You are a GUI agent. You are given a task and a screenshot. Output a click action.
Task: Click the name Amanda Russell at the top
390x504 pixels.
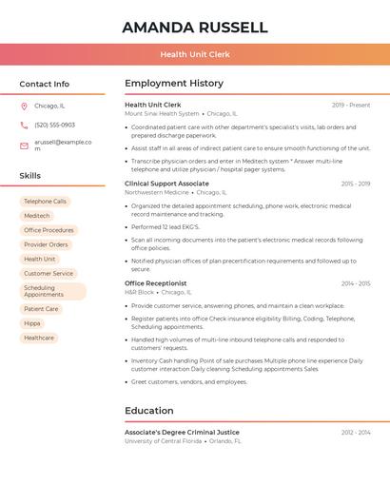pyautogui.click(x=195, y=28)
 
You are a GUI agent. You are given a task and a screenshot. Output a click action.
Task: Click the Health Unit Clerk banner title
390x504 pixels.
pyautogui.click(x=195, y=54)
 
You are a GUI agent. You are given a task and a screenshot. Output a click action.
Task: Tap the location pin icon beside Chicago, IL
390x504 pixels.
pyautogui.click(x=24, y=106)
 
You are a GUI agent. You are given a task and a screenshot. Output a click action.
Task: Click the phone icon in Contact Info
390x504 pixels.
pyautogui.click(x=24, y=125)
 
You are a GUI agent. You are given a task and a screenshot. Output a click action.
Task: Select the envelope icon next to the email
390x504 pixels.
pyautogui.click(x=24, y=145)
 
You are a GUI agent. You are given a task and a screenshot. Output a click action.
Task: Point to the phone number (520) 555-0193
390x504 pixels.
pyautogui.click(x=54, y=125)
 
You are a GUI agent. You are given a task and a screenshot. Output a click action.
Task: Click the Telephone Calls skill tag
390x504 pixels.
pyautogui.click(x=45, y=202)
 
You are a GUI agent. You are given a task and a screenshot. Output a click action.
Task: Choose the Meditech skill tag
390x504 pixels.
pyautogui.click(x=36, y=216)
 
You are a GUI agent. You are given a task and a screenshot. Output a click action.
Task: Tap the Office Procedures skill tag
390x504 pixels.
pyautogui.click(x=49, y=230)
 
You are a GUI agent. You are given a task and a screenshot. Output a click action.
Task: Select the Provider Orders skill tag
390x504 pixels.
pyautogui.click(x=46, y=244)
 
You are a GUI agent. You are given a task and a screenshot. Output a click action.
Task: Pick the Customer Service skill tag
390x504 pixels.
pyautogui.click(x=49, y=273)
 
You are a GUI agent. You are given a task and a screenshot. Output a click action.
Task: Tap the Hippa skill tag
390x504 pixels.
pyautogui.click(x=32, y=323)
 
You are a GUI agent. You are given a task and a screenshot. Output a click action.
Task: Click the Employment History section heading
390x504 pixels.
pyautogui.click(x=174, y=84)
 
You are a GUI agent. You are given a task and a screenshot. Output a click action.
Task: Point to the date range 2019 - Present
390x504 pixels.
pyautogui.click(x=351, y=105)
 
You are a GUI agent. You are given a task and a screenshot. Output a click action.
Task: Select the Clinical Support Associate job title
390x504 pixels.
pyautogui.click(x=166, y=184)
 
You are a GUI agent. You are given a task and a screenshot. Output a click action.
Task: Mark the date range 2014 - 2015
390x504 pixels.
pyautogui.click(x=356, y=283)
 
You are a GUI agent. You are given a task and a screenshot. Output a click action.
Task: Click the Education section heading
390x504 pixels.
pyautogui.click(x=148, y=411)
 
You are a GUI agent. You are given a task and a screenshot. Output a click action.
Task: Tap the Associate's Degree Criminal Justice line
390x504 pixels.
pyautogui.click(x=182, y=432)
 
